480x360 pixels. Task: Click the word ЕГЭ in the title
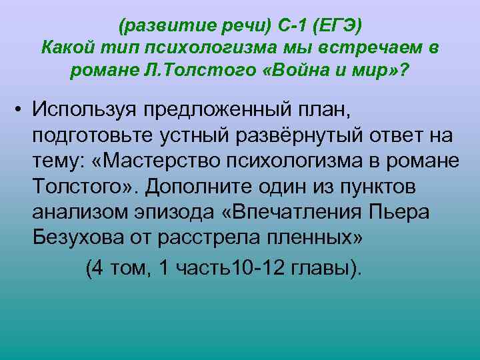pyautogui.click(x=336, y=27)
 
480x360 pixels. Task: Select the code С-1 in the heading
pyautogui.click(x=282, y=27)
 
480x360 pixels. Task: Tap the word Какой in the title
pyautogui.click(x=65, y=48)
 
